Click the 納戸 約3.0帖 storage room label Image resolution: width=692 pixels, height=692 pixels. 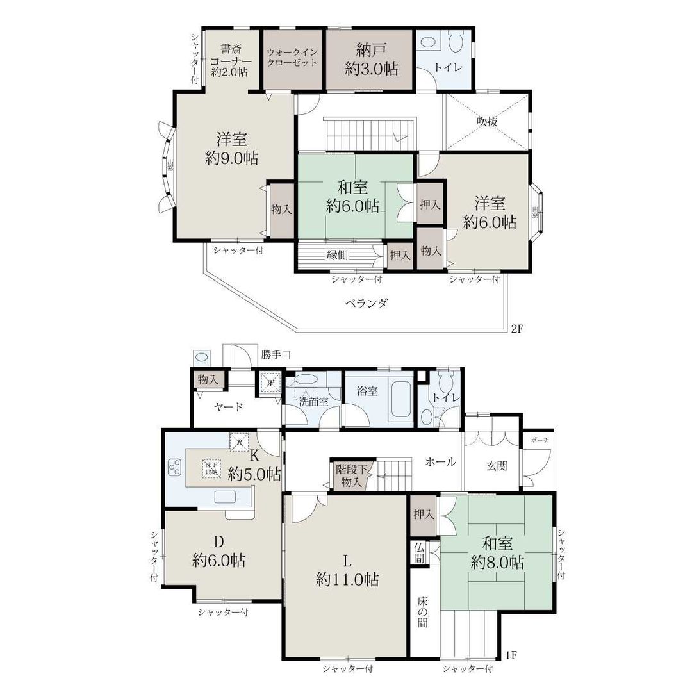click(371, 60)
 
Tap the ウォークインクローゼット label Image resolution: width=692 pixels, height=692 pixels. click(292, 58)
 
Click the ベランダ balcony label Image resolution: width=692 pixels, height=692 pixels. click(366, 303)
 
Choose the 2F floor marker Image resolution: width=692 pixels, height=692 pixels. click(518, 329)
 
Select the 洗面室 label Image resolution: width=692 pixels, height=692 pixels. click(313, 402)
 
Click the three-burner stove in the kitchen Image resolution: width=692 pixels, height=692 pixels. click(174, 468)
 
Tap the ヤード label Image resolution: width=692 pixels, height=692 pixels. click(228, 406)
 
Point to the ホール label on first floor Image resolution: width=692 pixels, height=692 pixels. click(441, 461)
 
